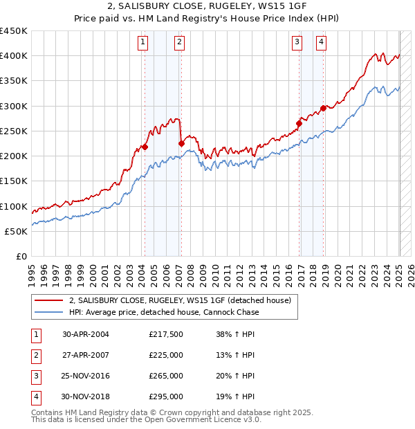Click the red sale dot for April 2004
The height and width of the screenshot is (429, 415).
tap(145, 147)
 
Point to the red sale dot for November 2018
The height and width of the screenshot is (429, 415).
tap(323, 108)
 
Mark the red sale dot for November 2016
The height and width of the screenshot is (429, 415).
tap(299, 123)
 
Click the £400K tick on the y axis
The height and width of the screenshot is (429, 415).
tap(14, 56)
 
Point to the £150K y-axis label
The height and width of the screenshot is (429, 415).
tap(14, 181)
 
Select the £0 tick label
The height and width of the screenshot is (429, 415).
tap(21, 257)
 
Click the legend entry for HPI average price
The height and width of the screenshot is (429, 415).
tap(163, 312)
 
